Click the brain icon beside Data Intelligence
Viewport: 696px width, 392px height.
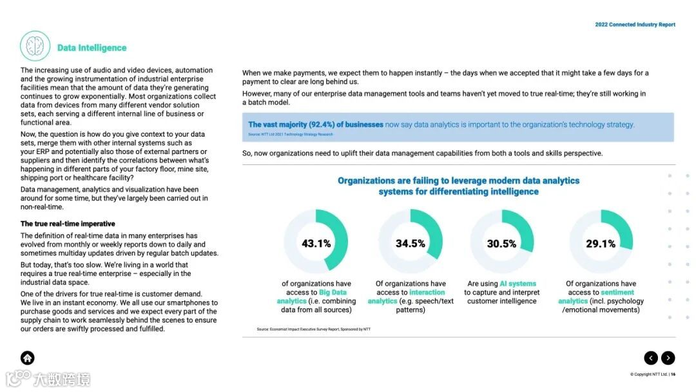pyautogui.click(x=35, y=46)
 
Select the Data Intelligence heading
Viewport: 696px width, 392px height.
pyautogui.click(x=92, y=48)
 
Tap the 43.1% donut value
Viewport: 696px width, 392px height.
pyautogui.click(x=316, y=243)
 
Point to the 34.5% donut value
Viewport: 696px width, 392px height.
pyautogui.click(x=411, y=243)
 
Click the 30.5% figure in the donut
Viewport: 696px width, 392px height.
pyautogui.click(x=501, y=244)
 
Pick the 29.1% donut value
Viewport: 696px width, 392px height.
pyautogui.click(x=601, y=244)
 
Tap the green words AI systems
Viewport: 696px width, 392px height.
pyautogui.click(x=517, y=284)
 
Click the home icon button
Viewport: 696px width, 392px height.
pyautogui.click(x=28, y=358)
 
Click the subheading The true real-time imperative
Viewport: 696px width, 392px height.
pyautogui.click(x=68, y=224)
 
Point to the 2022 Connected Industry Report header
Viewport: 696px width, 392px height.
pyautogui.click(x=635, y=24)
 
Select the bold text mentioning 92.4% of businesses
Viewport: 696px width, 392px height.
pyautogui.click(x=316, y=124)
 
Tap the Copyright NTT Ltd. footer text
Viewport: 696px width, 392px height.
pyautogui.click(x=652, y=375)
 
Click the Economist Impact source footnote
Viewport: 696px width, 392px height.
pyautogui.click(x=314, y=329)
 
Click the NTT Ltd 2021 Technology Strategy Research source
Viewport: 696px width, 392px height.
pyautogui.click(x=291, y=135)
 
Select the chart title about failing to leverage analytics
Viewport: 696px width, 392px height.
pyautogui.click(x=458, y=186)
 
